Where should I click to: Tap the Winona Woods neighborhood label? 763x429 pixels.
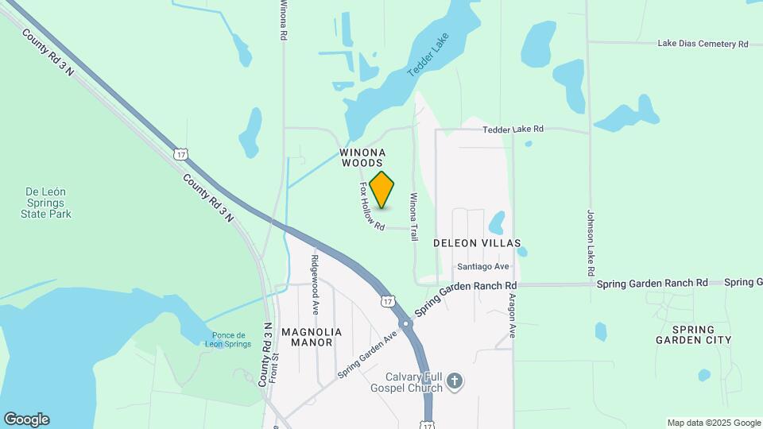point(362,157)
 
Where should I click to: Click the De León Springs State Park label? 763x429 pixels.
point(48,203)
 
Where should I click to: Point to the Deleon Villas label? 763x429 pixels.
point(477,243)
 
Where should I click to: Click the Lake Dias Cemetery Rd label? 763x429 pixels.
point(703,44)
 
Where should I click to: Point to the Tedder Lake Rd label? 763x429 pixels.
point(513,129)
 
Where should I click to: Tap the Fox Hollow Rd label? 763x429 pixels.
point(372,207)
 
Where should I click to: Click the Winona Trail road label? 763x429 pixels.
point(413,217)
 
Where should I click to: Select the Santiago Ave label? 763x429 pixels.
point(482,267)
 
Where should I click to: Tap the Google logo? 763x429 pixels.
point(25,419)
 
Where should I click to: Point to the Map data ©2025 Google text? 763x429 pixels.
point(714,423)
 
